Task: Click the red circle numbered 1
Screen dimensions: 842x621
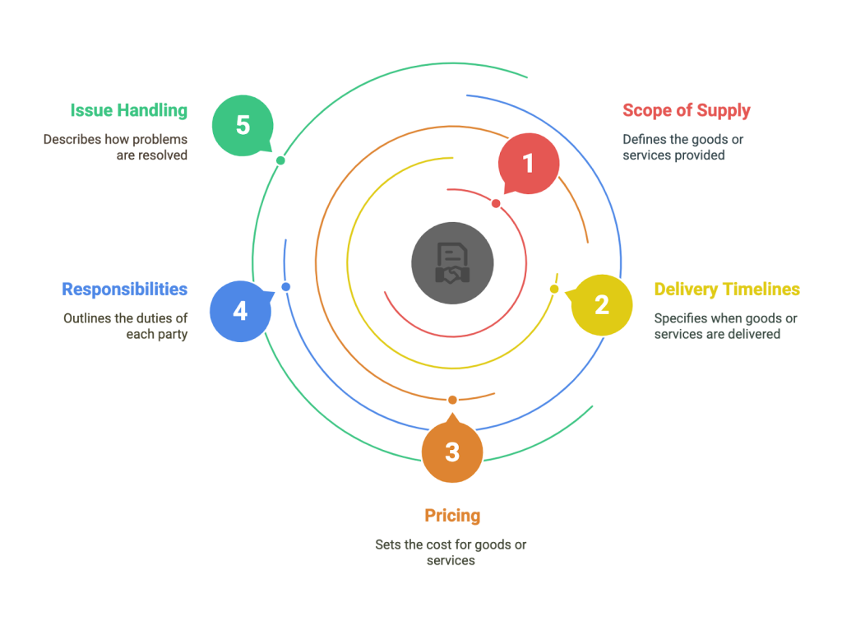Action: (529, 164)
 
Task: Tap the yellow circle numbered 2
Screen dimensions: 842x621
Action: (601, 305)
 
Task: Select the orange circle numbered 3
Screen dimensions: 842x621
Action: (452, 452)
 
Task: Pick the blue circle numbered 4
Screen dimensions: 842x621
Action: (241, 311)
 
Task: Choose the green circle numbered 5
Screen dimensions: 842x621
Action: (243, 126)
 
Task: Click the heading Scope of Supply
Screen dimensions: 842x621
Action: (687, 111)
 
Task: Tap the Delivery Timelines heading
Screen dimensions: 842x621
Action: (727, 289)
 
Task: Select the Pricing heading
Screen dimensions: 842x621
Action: (452, 516)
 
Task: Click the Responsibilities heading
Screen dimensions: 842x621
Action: (125, 290)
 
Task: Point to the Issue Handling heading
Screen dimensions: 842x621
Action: (129, 111)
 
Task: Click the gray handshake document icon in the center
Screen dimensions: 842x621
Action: (452, 263)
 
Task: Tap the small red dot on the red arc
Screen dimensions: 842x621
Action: (496, 204)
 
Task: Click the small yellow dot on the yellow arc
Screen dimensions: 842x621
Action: (554, 289)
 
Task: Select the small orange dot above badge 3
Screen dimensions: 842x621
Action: (452, 400)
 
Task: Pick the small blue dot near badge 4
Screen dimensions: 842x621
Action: (285, 287)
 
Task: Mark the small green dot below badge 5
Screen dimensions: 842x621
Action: (280, 160)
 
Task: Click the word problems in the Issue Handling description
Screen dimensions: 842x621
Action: (160, 140)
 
